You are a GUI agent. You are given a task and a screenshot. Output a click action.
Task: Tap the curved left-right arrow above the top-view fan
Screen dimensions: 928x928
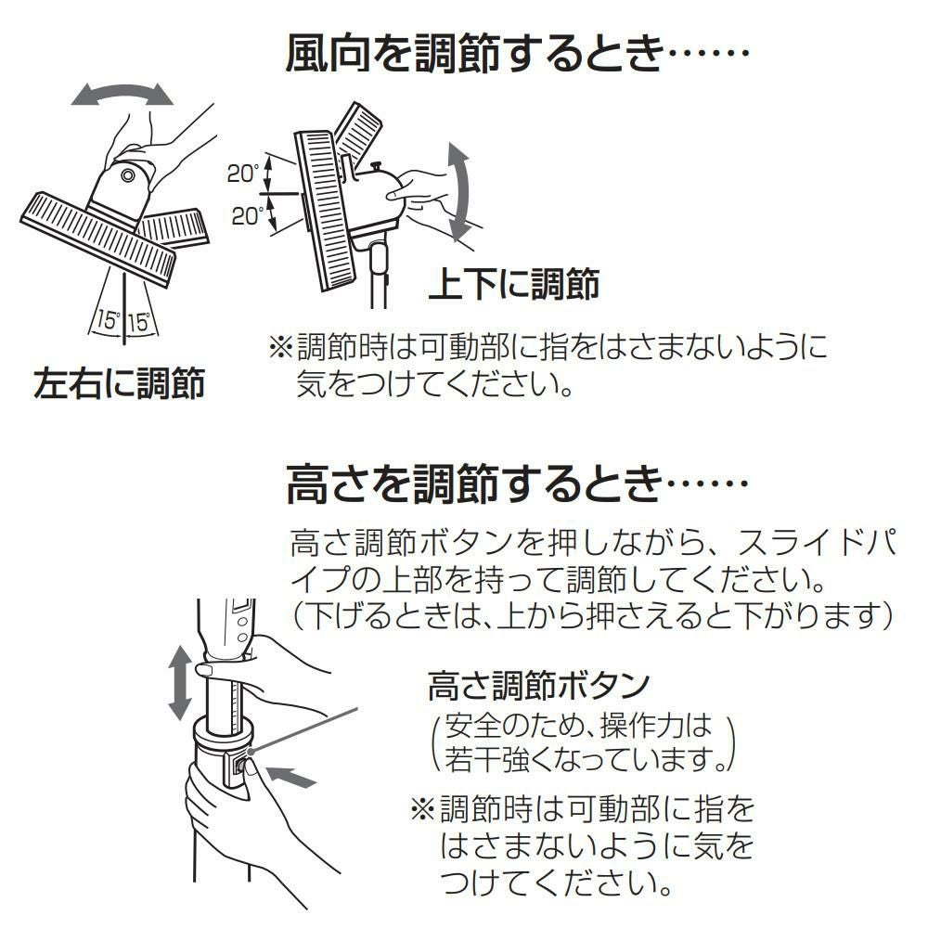(x=123, y=93)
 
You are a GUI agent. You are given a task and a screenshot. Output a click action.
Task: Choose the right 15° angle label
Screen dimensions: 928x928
(x=139, y=322)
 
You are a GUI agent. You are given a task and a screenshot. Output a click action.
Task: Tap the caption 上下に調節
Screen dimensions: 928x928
(x=513, y=284)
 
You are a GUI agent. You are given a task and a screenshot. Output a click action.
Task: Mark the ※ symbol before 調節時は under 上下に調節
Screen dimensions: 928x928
(x=280, y=349)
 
